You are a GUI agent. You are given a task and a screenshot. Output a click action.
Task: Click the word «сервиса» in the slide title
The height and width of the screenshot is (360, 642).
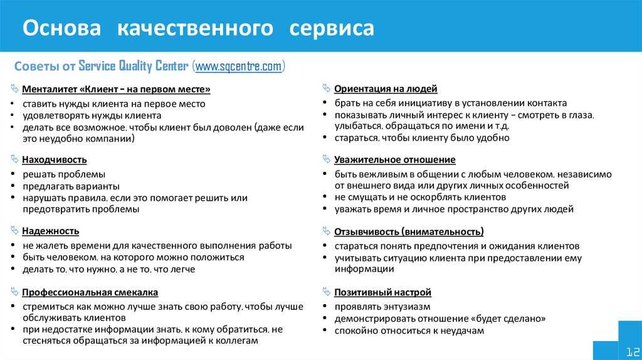coord(332,28)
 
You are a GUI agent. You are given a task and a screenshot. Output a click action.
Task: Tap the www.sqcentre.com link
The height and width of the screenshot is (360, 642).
coord(239,66)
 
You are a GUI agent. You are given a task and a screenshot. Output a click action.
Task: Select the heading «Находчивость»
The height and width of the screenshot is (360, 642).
coord(55,160)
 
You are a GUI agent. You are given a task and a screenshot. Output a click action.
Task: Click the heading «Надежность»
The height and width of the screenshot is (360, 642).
coord(50,231)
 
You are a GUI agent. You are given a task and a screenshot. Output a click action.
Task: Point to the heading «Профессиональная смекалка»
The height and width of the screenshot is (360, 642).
coord(90,292)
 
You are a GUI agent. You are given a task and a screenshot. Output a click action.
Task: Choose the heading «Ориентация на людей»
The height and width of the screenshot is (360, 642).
coord(386,89)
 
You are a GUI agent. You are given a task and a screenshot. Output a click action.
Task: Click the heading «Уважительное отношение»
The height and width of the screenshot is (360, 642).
coord(395,160)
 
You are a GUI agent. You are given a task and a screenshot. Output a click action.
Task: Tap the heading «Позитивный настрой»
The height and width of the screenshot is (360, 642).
coord(383,292)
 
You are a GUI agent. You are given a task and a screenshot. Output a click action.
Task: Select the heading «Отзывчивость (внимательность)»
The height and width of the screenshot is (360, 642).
coord(409,232)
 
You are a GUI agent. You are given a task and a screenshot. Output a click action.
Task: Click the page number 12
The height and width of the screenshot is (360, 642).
coord(633,351)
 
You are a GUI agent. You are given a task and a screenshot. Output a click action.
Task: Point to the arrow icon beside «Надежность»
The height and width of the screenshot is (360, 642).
coord(15,231)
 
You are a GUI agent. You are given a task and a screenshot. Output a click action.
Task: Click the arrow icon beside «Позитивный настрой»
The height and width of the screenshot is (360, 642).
coord(326,292)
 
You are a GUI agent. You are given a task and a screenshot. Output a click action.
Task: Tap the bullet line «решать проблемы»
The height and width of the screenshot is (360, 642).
coord(64,174)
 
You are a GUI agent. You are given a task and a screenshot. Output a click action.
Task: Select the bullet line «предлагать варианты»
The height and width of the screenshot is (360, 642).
coord(71,186)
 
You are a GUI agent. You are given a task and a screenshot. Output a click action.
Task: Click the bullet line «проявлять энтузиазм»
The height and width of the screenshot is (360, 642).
coord(382,307)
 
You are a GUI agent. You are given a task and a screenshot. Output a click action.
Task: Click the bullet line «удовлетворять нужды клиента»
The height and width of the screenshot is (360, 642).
coord(92,115)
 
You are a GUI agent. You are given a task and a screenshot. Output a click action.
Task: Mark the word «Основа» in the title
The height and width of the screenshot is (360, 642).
coord(62,28)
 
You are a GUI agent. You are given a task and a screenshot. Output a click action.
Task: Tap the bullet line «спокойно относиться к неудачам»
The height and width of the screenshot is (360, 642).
coord(409,331)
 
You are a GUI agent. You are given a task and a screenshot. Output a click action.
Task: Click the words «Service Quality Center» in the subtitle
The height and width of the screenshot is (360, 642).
coord(134,66)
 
